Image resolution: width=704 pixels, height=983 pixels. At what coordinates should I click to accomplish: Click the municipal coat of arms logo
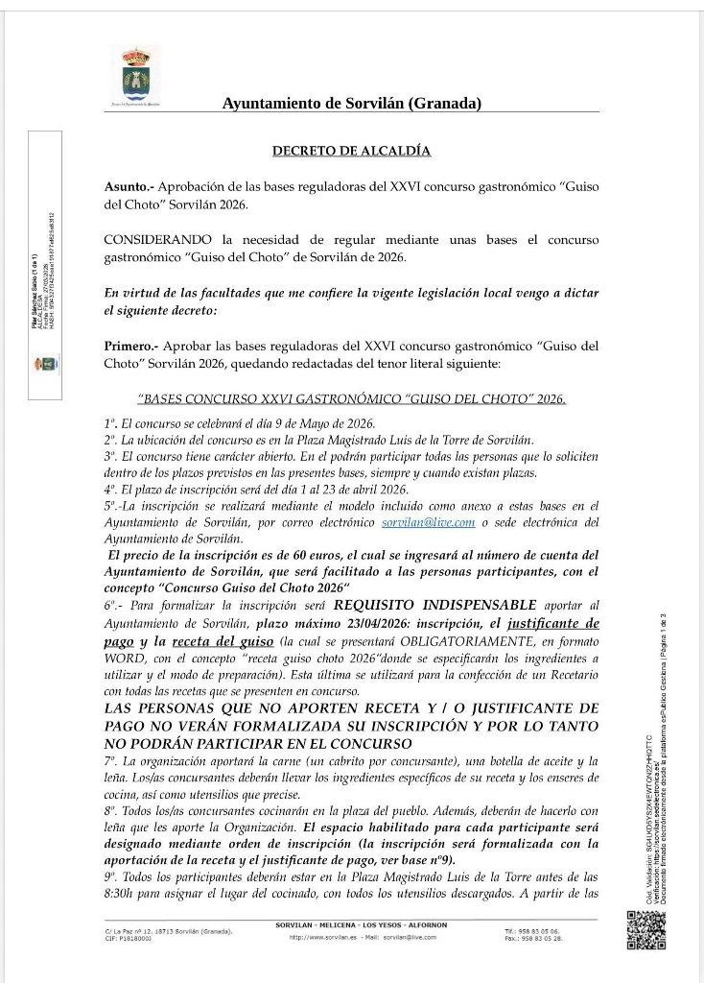click(141, 74)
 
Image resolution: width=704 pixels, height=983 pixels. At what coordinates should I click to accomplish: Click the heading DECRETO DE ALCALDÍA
click(351, 151)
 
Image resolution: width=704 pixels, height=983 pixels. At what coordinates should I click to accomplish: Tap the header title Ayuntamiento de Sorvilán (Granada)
click(351, 104)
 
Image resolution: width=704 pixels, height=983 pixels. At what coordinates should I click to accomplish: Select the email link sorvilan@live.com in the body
click(442, 522)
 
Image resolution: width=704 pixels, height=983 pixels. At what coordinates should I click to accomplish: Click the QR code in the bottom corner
click(646, 930)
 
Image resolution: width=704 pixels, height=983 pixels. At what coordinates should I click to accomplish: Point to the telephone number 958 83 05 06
click(542, 931)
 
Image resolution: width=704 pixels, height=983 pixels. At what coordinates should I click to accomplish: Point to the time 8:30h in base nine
click(123, 894)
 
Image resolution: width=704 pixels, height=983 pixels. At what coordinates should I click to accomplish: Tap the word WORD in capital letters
click(125, 658)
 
